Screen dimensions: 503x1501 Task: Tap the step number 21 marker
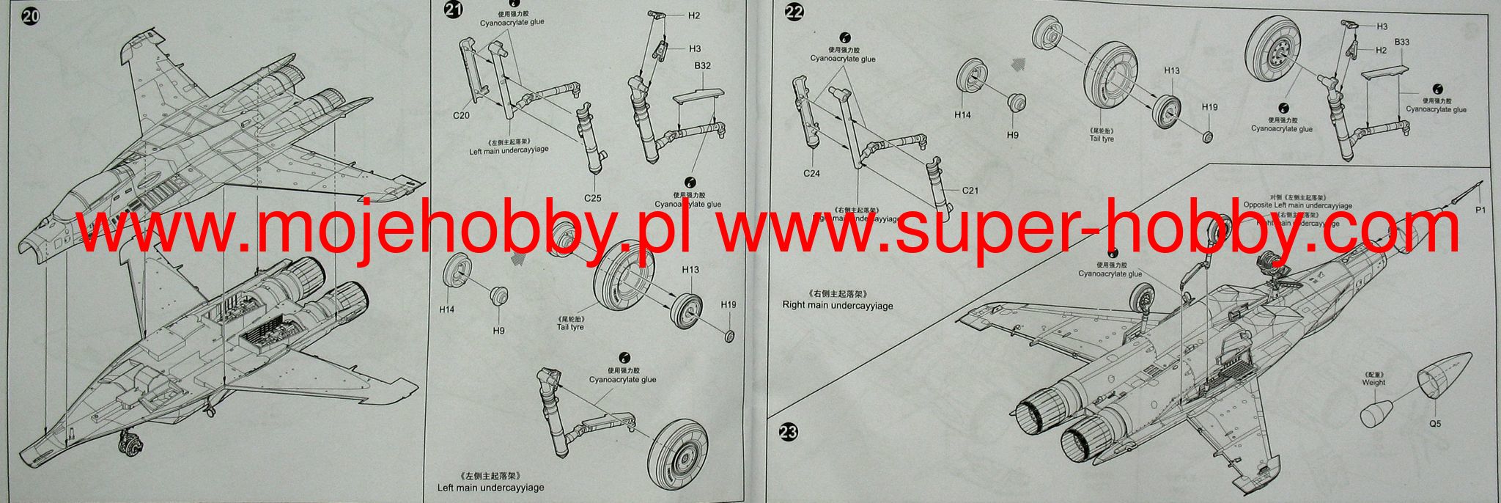click(453, 11)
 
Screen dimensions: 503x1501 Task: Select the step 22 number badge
click(794, 12)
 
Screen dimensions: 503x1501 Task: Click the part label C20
click(461, 116)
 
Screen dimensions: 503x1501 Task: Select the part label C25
click(593, 198)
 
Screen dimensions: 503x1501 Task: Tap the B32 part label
click(702, 66)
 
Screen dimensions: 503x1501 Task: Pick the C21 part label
click(970, 191)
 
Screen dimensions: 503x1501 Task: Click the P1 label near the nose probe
click(1475, 210)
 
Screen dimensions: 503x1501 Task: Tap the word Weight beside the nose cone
click(1373, 382)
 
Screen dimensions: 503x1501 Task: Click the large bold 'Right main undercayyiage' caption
click(838, 306)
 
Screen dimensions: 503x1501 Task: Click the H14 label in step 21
click(446, 309)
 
